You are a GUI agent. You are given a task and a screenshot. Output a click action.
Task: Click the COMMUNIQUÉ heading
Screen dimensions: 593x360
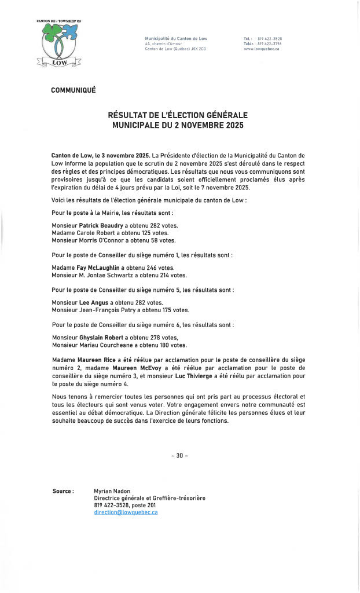coord(74,90)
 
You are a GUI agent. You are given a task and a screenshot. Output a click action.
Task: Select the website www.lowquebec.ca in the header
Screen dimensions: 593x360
coord(262,49)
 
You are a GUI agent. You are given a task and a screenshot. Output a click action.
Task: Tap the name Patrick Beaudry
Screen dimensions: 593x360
coord(99,225)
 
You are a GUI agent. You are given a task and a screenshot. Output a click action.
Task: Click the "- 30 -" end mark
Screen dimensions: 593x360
coord(179,456)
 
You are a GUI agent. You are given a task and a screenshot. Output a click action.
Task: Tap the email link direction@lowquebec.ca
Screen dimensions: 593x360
coord(126,513)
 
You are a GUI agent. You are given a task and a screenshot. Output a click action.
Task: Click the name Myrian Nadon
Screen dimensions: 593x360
coord(113,491)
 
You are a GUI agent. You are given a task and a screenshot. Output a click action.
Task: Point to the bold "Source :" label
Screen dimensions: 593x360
coord(63,491)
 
